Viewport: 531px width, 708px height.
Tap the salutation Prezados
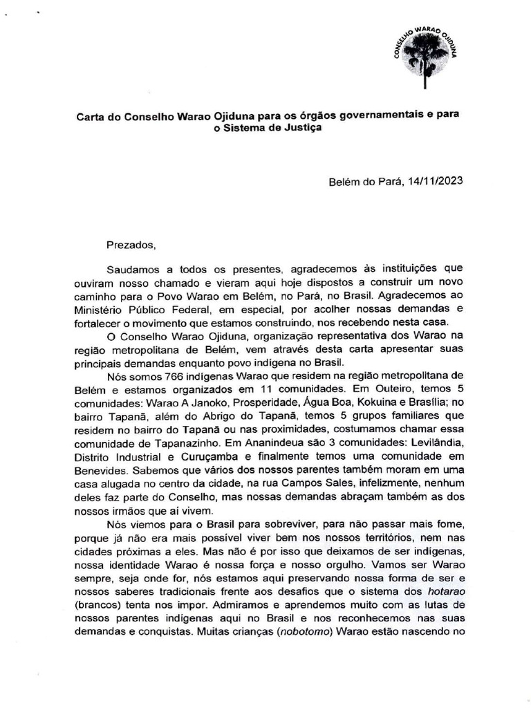pos(127,244)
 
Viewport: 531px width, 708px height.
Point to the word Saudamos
pos(132,268)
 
